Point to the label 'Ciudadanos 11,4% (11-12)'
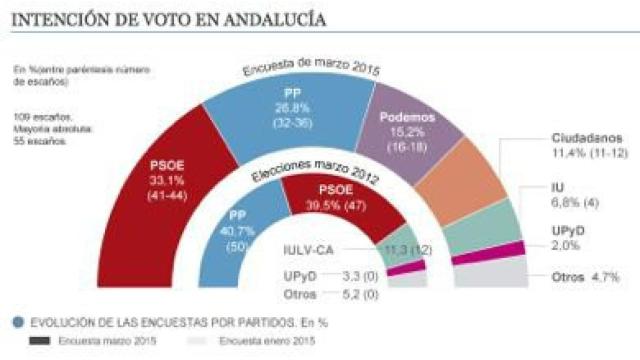[588, 144]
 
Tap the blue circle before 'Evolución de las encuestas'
[19, 322]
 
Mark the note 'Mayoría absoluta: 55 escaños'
[50, 136]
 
